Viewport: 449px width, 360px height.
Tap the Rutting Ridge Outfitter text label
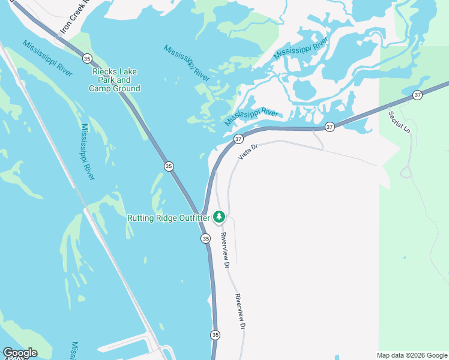coord(168,218)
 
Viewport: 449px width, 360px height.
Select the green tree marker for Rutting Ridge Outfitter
coord(219,216)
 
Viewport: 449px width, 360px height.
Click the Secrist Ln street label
coord(398,122)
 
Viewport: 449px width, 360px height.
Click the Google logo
coord(20,353)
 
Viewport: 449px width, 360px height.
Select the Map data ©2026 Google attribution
coord(412,355)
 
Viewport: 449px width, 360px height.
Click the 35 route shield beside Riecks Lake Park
coord(88,58)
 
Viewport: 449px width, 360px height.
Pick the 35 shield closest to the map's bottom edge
coord(215,334)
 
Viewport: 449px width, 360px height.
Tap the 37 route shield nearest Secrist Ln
coord(418,95)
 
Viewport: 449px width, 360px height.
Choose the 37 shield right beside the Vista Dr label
coord(238,139)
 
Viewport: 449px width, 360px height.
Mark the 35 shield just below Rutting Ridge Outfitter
coord(206,238)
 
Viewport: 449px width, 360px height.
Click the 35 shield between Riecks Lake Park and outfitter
coord(169,166)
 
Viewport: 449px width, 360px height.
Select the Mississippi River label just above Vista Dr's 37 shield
coord(252,116)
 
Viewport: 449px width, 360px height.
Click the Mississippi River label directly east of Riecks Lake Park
coord(187,62)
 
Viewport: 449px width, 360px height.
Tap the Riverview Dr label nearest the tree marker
coord(224,250)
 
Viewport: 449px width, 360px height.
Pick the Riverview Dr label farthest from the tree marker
coord(240,311)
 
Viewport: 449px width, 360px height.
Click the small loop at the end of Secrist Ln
coord(405,172)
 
